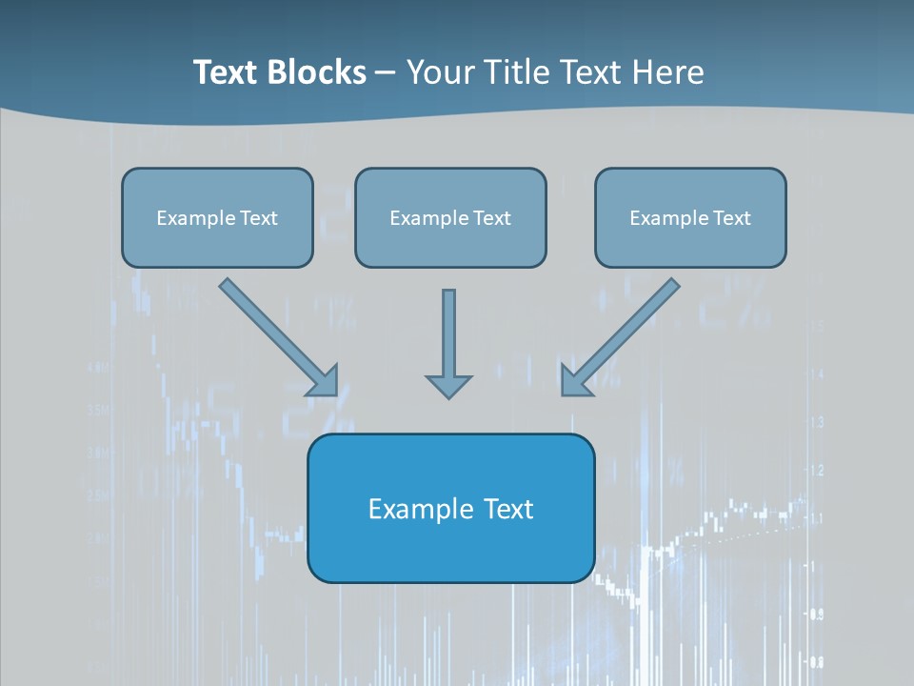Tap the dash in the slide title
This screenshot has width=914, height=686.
pos(386,73)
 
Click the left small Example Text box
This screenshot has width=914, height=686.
pos(217,217)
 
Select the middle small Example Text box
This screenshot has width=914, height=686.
pos(450,217)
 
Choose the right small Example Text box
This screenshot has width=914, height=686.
pos(690,217)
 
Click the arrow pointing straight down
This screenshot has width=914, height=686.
pos(448,333)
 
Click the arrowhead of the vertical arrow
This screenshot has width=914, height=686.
pos(448,386)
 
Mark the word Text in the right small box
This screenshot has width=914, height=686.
pos(731,218)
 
